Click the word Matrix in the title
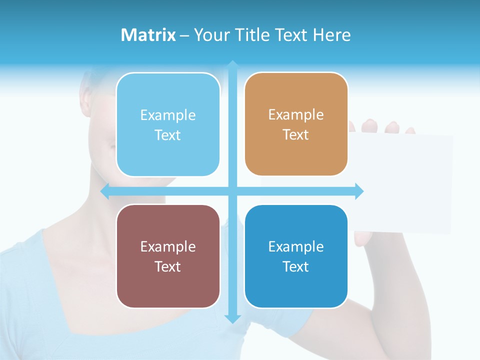pyautogui.click(x=148, y=35)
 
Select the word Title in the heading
pyautogui.click(x=255, y=35)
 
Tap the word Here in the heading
pyautogui.click(x=331, y=35)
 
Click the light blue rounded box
pyautogui.click(x=168, y=124)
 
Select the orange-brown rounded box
pyautogui.click(x=296, y=124)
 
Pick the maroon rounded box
pyautogui.click(x=168, y=256)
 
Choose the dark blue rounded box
pyautogui.click(x=296, y=256)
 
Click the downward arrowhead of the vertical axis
pyautogui.click(x=232, y=318)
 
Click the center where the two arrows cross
pyautogui.click(x=232, y=191)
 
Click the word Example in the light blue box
pyautogui.click(x=168, y=115)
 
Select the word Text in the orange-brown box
pyautogui.click(x=296, y=135)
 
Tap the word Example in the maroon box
pyautogui.click(x=168, y=246)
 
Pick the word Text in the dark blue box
pyautogui.click(x=296, y=266)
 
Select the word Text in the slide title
pyautogui.click(x=292, y=35)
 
